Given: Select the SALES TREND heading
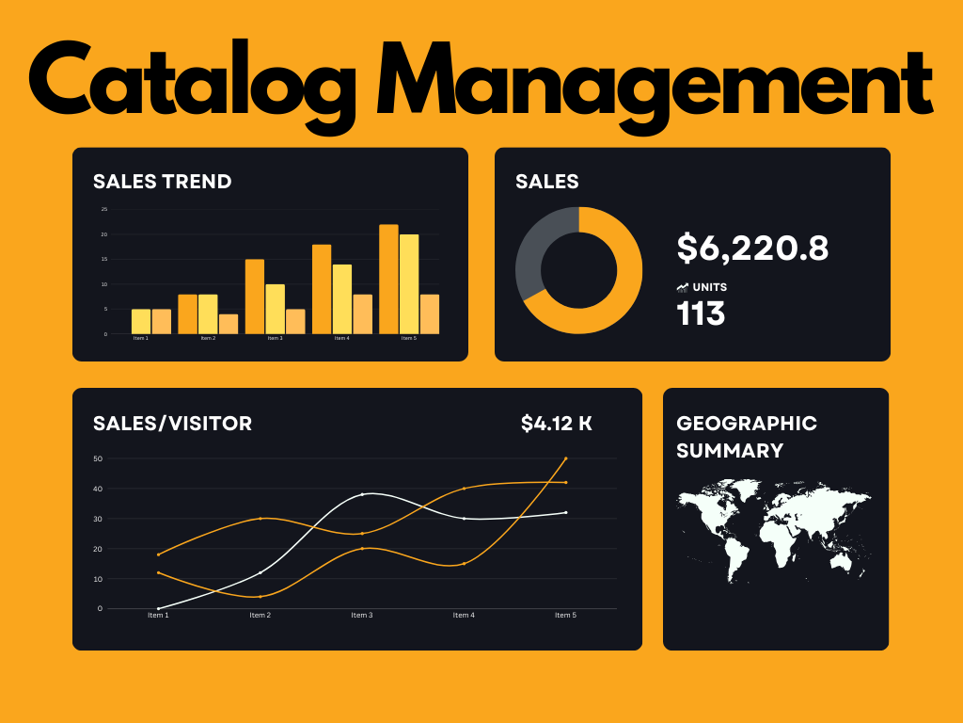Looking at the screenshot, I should click(162, 182).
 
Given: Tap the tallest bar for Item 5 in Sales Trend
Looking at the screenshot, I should click(388, 279).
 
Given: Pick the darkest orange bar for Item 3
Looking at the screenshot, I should click(254, 296).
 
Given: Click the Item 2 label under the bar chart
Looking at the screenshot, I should click(208, 338).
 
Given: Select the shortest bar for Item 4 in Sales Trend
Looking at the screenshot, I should click(362, 313).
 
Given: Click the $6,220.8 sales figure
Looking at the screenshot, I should click(752, 249).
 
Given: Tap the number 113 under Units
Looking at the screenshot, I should click(701, 313).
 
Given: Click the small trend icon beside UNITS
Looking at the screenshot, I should click(682, 287).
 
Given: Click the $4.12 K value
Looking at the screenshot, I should click(557, 424).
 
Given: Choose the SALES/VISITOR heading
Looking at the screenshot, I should click(172, 424).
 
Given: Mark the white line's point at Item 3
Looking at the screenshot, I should click(362, 494).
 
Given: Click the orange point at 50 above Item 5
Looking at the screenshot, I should click(565, 458).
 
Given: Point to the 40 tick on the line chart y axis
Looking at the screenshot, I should click(98, 489).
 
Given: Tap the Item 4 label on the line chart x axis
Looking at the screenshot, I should click(463, 616).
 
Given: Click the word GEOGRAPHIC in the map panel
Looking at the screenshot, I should click(747, 424).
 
